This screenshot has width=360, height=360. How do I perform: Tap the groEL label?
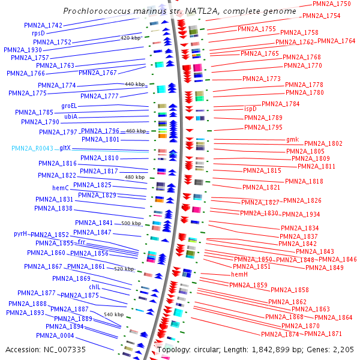70,105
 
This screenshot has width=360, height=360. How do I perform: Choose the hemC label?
61,188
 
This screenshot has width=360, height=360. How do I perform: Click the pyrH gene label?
22,234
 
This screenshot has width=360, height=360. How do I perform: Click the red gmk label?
292,139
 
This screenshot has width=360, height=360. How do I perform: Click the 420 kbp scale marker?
131,38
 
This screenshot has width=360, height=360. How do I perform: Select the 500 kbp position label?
131,223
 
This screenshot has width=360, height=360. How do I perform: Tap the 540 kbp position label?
113,314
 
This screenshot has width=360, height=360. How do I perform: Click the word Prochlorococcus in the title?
99,11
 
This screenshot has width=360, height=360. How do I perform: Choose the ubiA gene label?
71,116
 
